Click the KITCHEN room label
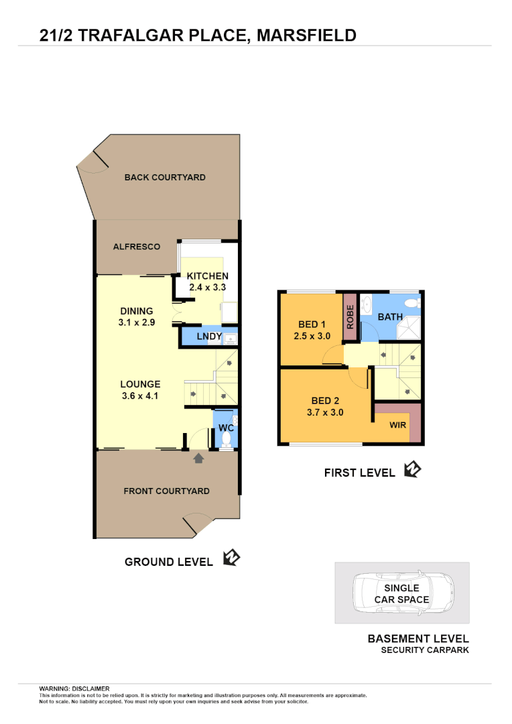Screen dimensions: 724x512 207,276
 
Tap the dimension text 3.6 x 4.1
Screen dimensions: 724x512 141,396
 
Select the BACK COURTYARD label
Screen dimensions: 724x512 165,178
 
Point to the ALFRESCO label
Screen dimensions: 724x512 137,247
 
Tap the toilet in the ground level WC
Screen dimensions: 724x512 227,439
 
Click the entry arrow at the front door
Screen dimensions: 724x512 198,459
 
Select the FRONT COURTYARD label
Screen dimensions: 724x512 166,491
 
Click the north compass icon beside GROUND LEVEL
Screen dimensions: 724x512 231,558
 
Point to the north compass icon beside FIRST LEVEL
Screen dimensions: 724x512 412,469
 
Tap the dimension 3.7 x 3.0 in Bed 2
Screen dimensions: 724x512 325,413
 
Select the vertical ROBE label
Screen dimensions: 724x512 350,316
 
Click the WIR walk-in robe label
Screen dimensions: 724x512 398,424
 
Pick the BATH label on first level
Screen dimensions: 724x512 390,316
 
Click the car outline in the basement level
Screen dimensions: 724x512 401,593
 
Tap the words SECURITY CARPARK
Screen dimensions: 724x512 425,650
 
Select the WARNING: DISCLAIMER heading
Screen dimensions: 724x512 74,688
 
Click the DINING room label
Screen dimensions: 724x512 137,311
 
